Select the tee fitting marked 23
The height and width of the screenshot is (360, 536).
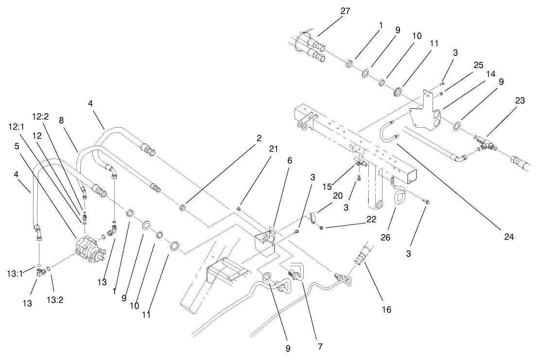(x=487, y=142)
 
